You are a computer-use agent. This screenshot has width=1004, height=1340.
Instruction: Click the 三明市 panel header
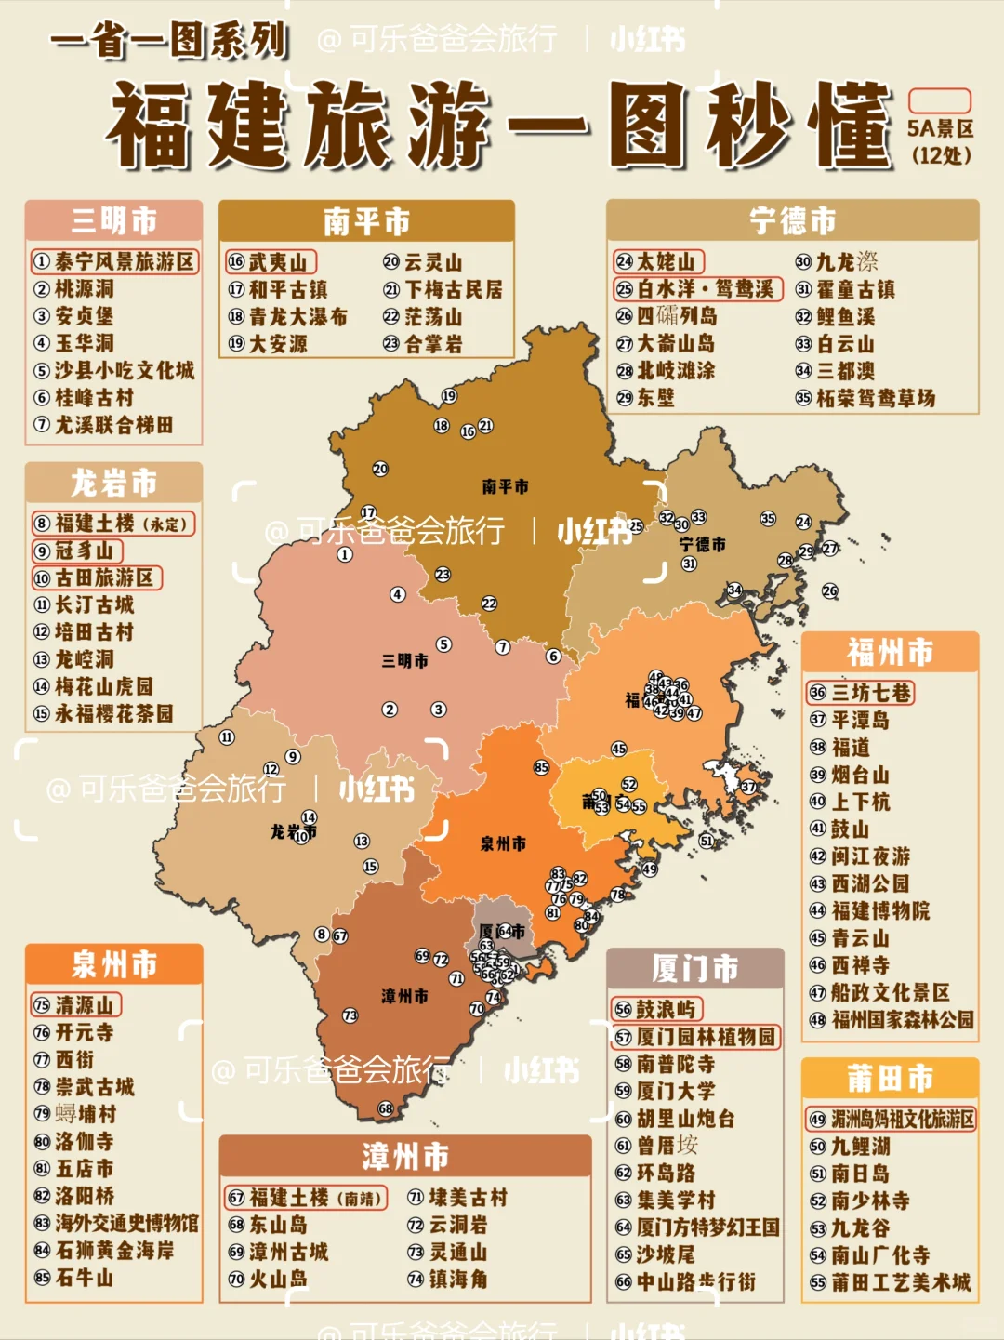click(113, 221)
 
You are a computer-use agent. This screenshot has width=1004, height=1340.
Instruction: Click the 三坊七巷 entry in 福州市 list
click(861, 693)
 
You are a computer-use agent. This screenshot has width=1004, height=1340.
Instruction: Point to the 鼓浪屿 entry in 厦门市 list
click(657, 1009)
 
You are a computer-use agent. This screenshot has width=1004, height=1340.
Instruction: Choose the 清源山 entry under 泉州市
click(76, 1005)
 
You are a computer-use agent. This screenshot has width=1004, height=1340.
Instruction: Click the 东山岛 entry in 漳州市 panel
click(269, 1225)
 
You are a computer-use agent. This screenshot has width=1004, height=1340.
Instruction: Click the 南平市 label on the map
click(505, 486)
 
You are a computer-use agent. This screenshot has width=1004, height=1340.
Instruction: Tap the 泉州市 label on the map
click(503, 843)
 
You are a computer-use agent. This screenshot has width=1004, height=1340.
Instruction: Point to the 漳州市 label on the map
click(404, 996)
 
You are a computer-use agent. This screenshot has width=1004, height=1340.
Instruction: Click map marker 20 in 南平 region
click(380, 469)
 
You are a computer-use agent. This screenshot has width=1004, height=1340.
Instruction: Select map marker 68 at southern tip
click(386, 1108)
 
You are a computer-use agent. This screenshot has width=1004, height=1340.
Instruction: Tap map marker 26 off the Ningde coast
click(829, 590)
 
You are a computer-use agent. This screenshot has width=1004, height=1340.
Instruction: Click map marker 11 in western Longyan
click(227, 737)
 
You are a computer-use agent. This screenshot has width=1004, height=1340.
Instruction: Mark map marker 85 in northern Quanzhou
click(541, 767)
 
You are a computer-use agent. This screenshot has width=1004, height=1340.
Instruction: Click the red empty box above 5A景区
click(939, 101)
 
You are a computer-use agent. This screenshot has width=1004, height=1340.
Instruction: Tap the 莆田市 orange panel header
click(890, 1079)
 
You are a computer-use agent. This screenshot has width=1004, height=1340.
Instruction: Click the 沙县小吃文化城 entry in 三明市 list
click(115, 370)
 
